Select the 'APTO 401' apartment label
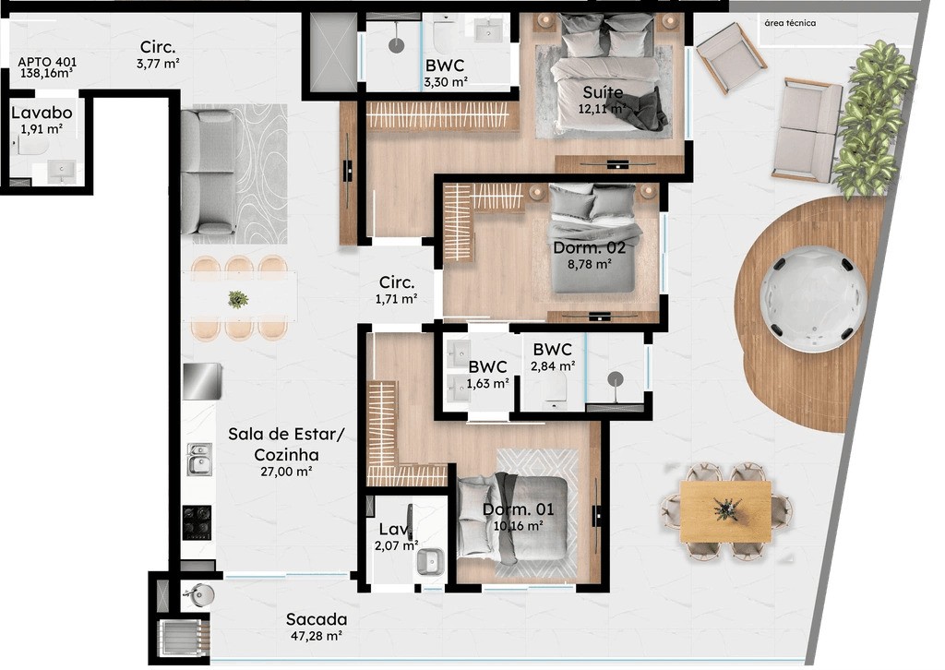[47, 62]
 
